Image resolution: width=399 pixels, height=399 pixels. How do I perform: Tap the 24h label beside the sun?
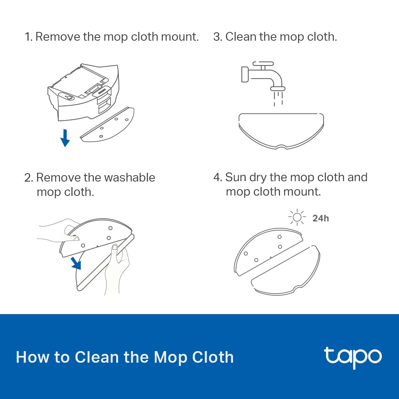click(320, 218)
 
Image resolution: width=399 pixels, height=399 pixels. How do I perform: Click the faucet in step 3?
click(259, 76)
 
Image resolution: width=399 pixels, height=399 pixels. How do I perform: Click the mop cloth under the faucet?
click(281, 130)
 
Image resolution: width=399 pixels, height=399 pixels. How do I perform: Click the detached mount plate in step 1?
click(108, 124)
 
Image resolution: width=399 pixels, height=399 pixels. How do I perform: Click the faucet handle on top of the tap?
click(263, 63)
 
